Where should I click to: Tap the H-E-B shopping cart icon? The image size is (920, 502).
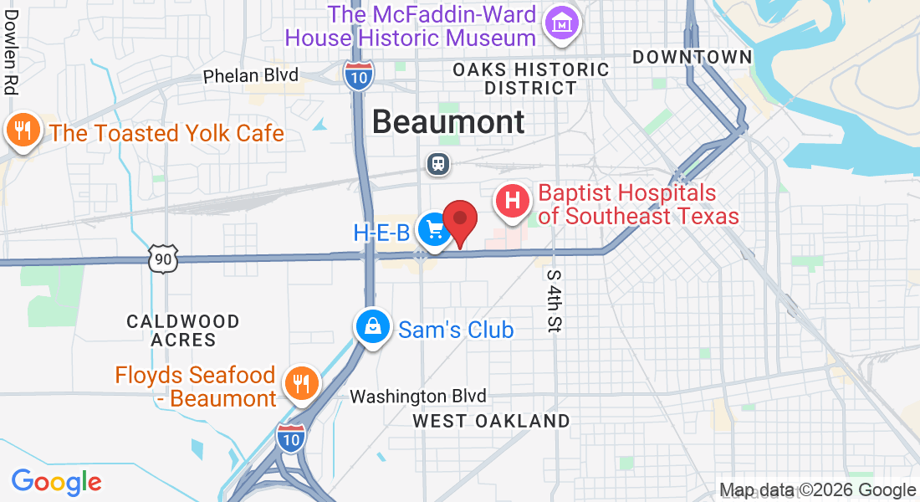[x=434, y=228]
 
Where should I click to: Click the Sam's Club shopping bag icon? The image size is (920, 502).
[x=372, y=327]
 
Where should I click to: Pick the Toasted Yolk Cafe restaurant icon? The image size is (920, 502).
[x=21, y=131]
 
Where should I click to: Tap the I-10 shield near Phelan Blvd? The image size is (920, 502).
[x=359, y=74]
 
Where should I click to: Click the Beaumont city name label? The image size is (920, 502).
[x=448, y=122]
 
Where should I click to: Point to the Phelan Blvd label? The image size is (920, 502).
[x=251, y=75]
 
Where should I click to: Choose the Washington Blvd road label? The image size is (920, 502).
[x=417, y=396]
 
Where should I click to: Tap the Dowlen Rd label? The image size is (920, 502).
[x=11, y=63]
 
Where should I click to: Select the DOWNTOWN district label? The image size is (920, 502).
[x=692, y=57]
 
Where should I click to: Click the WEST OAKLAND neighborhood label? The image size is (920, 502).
[x=491, y=421]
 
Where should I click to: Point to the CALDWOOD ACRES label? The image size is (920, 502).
[x=183, y=330]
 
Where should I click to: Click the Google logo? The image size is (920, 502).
[x=56, y=482]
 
